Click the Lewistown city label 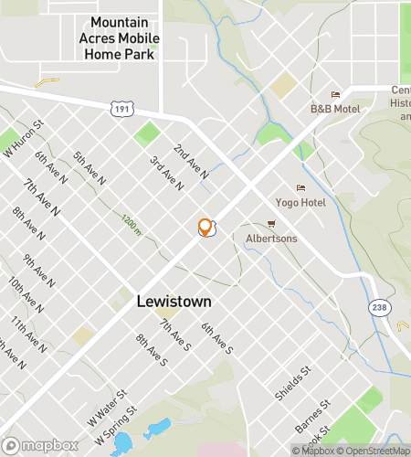174,301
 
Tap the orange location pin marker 205,228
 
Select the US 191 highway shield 121,109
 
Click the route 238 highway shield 380,307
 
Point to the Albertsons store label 272,238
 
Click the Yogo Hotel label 300,201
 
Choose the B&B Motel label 335,108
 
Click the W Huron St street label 24,140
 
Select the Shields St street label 293,384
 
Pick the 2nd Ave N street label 192,161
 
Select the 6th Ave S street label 218,338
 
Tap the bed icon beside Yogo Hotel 300,187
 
